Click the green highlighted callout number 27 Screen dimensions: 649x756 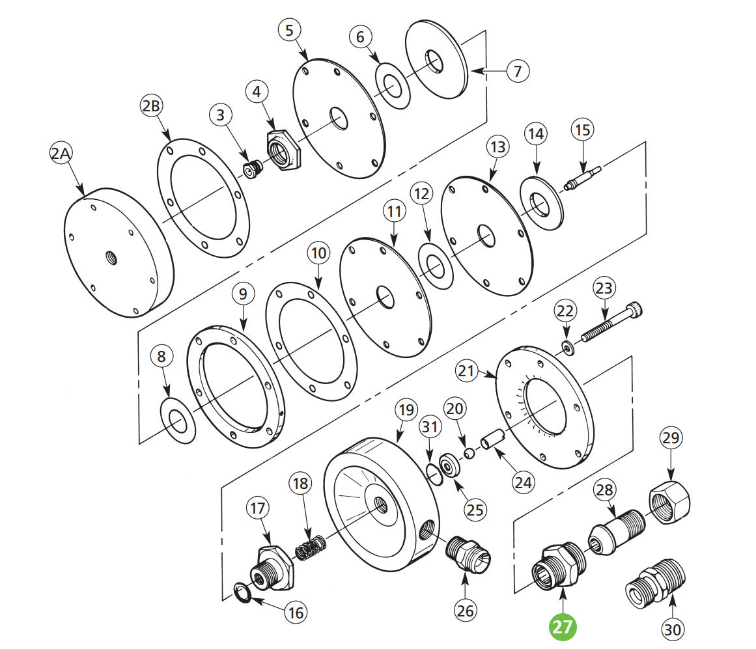point(564,627)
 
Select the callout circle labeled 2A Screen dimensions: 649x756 point(63,154)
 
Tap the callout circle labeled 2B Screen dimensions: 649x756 point(152,107)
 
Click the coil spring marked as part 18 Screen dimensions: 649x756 point(311,547)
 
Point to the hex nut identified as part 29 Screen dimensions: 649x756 point(669,501)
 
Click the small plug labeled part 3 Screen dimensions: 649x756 point(251,169)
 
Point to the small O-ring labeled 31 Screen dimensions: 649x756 point(432,473)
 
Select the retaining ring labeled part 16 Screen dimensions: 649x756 point(243,592)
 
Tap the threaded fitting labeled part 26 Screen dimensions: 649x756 point(469,555)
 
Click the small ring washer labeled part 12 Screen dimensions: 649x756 point(436,265)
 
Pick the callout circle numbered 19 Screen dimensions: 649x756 point(406,411)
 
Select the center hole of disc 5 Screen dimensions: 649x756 point(339,118)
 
